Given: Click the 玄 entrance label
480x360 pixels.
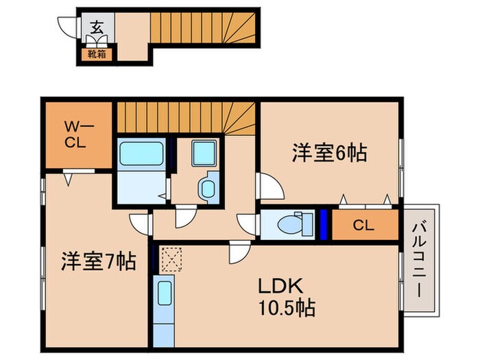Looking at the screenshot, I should [x=97, y=28].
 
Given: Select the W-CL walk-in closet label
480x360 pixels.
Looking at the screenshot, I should [x=77, y=135].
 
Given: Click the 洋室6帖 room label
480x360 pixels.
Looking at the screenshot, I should [x=329, y=152].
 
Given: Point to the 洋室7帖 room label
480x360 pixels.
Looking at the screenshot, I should [x=98, y=261].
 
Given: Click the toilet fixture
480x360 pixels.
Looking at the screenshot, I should [x=292, y=224].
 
